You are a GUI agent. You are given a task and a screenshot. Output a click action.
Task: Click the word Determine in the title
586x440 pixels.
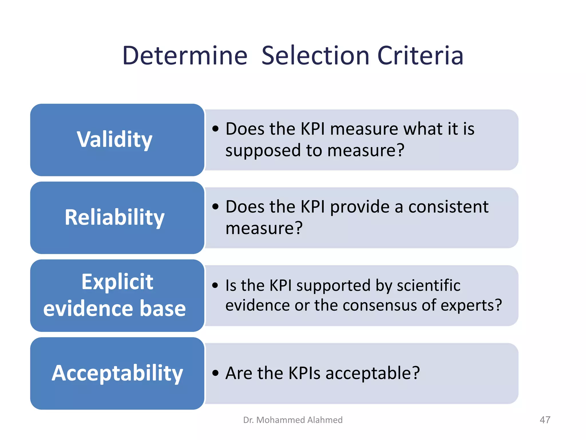(x=185, y=56)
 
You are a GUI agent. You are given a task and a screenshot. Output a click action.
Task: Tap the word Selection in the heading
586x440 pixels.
(x=315, y=56)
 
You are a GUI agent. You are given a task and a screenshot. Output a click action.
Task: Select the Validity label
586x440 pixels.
(x=114, y=140)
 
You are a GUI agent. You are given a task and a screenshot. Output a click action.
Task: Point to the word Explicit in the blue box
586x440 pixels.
(x=117, y=282)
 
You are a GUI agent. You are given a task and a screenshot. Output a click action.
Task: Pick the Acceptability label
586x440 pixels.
(x=117, y=373)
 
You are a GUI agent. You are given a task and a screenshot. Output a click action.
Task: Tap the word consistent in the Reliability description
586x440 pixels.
(x=448, y=207)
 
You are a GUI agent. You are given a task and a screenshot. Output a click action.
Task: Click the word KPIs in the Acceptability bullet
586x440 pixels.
(x=304, y=373)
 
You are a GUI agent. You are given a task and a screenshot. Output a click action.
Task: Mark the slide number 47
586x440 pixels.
(x=545, y=420)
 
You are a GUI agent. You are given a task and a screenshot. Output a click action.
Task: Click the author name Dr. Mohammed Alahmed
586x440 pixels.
(x=293, y=420)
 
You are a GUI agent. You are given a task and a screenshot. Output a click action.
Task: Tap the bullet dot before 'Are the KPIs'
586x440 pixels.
(x=215, y=373)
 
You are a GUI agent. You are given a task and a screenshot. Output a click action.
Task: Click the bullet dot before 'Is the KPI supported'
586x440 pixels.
(x=215, y=286)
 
